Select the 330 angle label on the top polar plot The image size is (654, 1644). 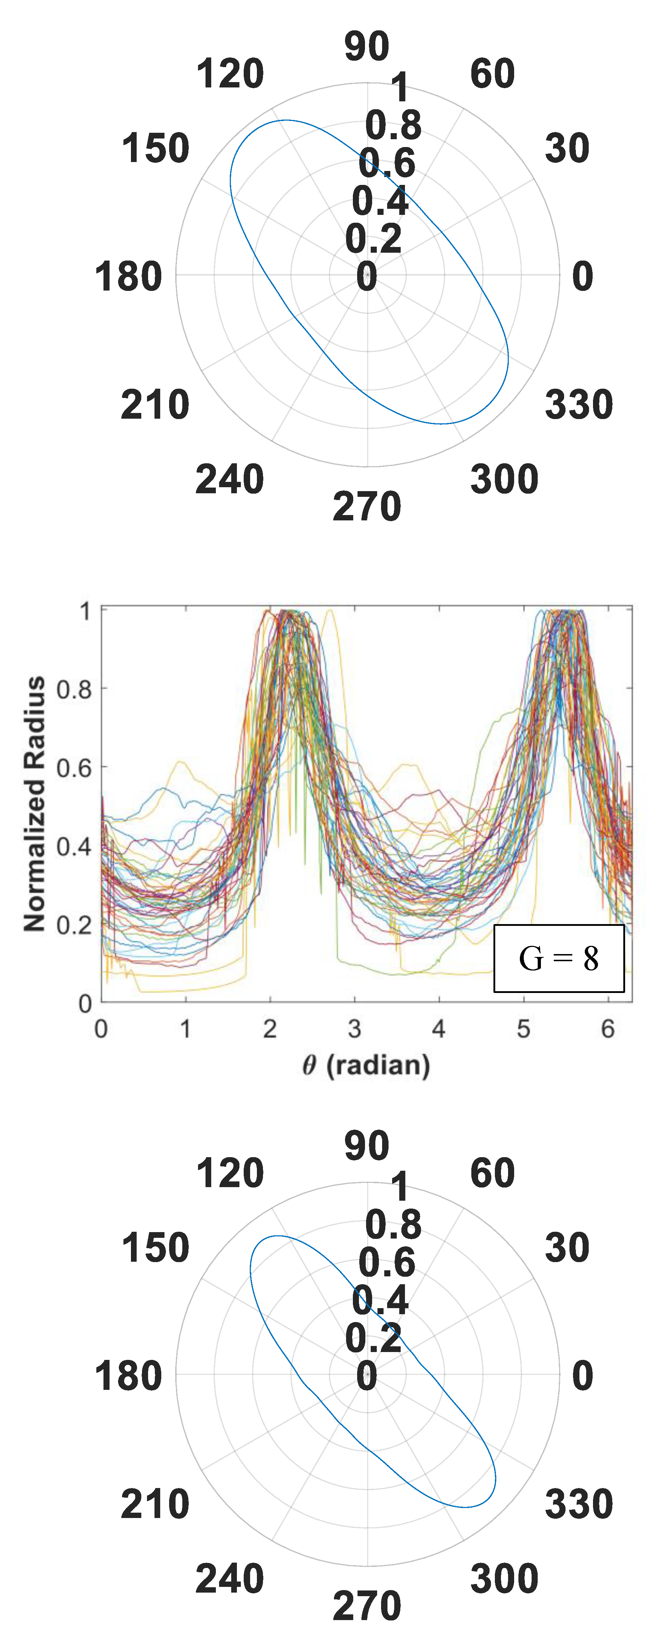pyautogui.click(x=579, y=405)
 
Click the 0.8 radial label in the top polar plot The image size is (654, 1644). pyautogui.click(x=393, y=125)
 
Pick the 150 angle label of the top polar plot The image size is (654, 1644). pyautogui.click(x=155, y=149)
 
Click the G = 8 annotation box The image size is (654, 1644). pyautogui.click(x=559, y=959)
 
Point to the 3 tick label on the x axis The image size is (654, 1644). pyautogui.click(x=354, y=1029)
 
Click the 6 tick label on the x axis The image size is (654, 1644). pyautogui.click(x=607, y=1029)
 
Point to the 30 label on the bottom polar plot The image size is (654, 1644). pyautogui.click(x=567, y=1248)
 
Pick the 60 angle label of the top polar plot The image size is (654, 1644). pyautogui.click(x=492, y=74)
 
